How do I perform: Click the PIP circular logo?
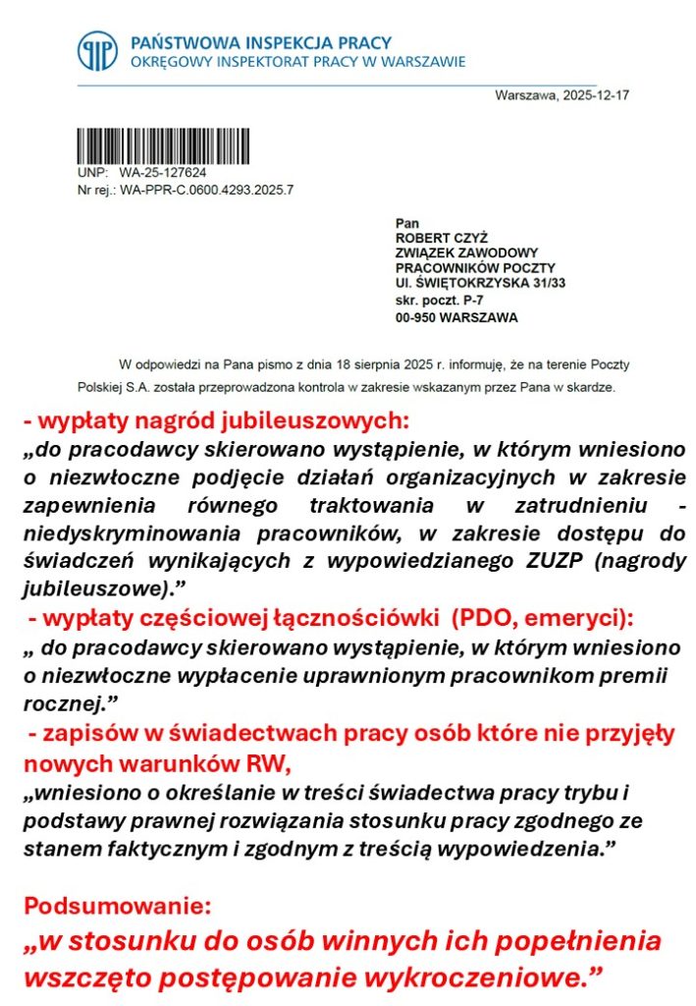pyautogui.click(x=98, y=52)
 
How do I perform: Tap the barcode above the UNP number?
pyautogui.click(x=163, y=146)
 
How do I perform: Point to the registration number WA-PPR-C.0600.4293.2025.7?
pyautogui.click(x=206, y=189)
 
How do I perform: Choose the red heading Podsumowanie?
pyautogui.click(x=117, y=905)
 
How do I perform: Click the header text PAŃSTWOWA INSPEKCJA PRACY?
pyautogui.click(x=260, y=43)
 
